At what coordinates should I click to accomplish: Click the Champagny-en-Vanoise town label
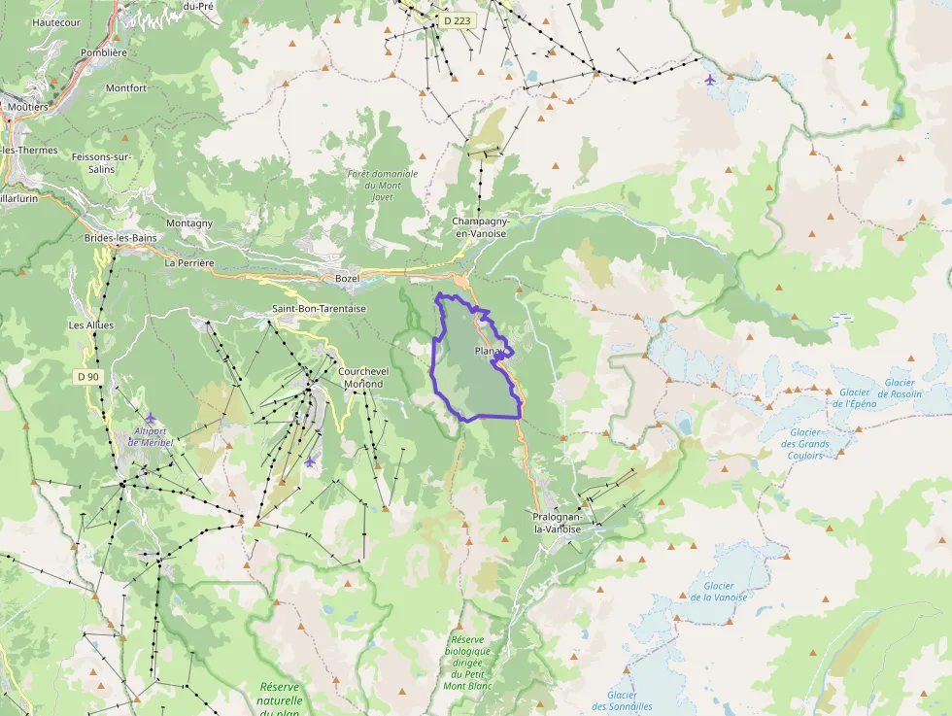[x=481, y=227]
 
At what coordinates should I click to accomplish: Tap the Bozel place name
[x=347, y=279]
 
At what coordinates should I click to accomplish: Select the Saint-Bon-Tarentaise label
[x=319, y=308]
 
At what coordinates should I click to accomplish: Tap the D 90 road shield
[x=87, y=376]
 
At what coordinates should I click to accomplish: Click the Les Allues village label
[x=91, y=324]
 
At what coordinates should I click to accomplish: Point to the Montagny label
[x=189, y=222]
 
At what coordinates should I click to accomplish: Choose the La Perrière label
[x=189, y=262]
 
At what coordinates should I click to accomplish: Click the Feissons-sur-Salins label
[x=101, y=162]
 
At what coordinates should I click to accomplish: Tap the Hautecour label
[x=56, y=21]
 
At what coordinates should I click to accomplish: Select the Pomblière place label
[x=104, y=52]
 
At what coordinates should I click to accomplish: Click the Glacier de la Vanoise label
[x=718, y=592]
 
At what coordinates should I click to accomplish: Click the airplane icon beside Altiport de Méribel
[x=150, y=419]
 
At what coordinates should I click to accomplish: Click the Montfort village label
[x=126, y=87]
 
